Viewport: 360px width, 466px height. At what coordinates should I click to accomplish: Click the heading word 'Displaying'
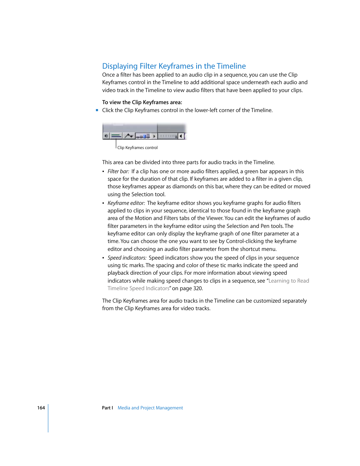(x=120, y=66)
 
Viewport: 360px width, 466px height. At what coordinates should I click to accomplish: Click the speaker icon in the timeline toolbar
(x=106, y=136)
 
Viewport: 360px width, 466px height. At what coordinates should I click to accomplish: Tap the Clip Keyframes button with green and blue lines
(x=116, y=136)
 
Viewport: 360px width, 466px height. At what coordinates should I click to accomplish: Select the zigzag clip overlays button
(x=129, y=136)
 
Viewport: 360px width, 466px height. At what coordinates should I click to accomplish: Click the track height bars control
(x=143, y=136)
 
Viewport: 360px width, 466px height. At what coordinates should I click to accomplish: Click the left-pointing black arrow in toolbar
(x=181, y=136)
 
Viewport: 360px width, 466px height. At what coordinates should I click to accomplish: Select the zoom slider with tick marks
(x=168, y=136)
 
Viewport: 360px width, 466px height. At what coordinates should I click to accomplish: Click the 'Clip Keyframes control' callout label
(x=137, y=148)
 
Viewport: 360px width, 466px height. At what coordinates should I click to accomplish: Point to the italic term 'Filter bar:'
(x=118, y=171)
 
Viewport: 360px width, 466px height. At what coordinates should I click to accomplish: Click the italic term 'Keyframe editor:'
(x=126, y=203)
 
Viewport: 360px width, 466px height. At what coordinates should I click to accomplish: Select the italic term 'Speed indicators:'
(x=127, y=258)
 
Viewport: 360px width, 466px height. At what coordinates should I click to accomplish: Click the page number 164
(x=41, y=408)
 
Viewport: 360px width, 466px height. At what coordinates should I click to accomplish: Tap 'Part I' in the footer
(x=107, y=408)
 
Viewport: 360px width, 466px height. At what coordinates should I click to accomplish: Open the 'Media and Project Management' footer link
(x=150, y=408)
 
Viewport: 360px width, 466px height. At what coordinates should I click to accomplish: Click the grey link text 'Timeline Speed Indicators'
(x=138, y=288)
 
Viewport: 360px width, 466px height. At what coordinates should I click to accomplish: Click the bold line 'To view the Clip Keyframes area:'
(x=142, y=102)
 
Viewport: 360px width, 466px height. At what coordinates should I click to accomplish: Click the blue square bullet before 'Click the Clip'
(x=97, y=110)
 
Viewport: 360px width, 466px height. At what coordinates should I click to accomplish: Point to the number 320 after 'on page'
(x=198, y=288)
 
